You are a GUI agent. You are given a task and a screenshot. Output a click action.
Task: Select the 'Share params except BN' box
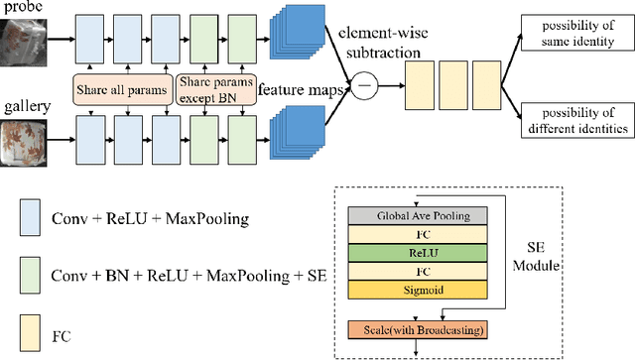(x=217, y=92)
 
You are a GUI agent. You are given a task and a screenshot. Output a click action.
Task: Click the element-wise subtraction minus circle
(x=365, y=87)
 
